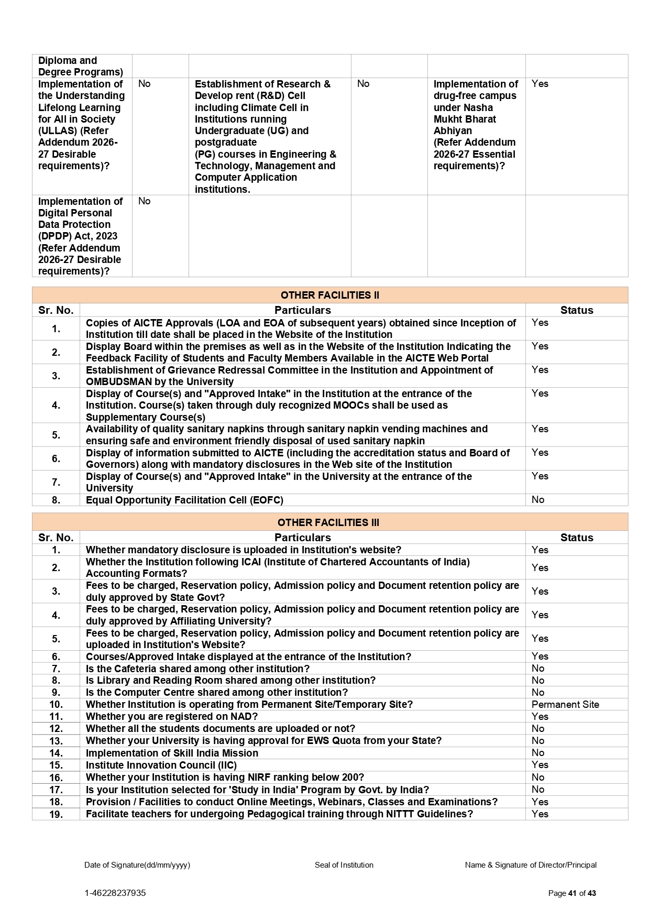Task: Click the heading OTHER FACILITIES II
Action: (329, 295)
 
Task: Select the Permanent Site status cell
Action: (565, 704)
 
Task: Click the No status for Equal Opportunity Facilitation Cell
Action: (538, 499)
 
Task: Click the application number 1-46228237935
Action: (115, 893)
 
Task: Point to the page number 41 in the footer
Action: (572, 893)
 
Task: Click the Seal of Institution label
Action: (344, 865)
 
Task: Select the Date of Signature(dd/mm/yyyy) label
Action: (137, 865)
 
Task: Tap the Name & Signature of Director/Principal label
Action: (531, 865)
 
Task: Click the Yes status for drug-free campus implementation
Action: (539, 83)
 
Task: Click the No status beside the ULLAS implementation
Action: (144, 83)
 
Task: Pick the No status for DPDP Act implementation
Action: (144, 201)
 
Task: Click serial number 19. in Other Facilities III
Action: (56, 814)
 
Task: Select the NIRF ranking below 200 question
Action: (225, 777)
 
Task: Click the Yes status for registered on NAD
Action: (539, 716)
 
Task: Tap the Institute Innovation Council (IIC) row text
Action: (161, 765)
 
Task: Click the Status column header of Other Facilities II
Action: (576, 310)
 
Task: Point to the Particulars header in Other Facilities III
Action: (302, 538)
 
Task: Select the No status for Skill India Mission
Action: (538, 752)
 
